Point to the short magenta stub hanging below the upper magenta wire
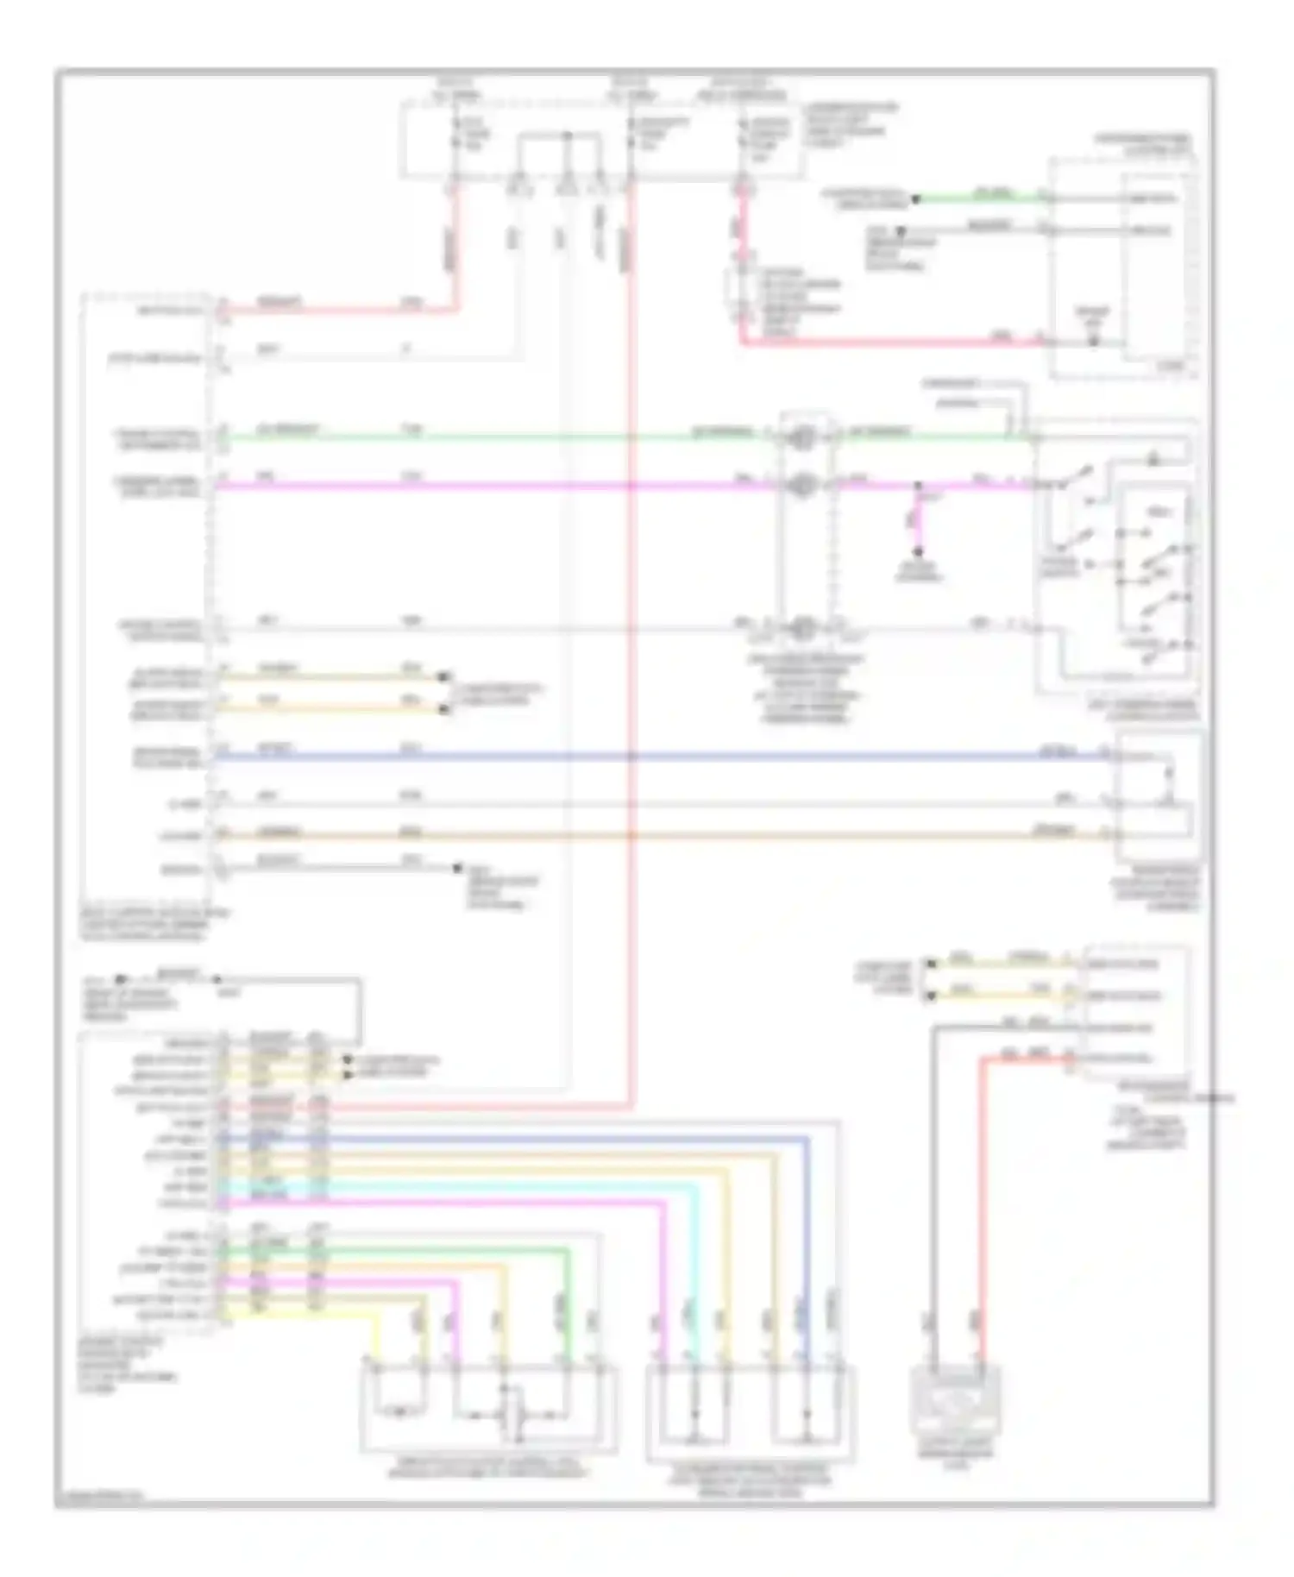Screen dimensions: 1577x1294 [x=918, y=522]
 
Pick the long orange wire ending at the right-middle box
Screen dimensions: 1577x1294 [x=656, y=835]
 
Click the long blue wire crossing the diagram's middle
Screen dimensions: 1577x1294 [x=656, y=757]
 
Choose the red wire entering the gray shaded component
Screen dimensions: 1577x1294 [x=981, y=1208]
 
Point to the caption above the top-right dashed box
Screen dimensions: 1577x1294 [x=1143, y=143]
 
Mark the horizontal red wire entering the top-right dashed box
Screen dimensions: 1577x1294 [x=889, y=342]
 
